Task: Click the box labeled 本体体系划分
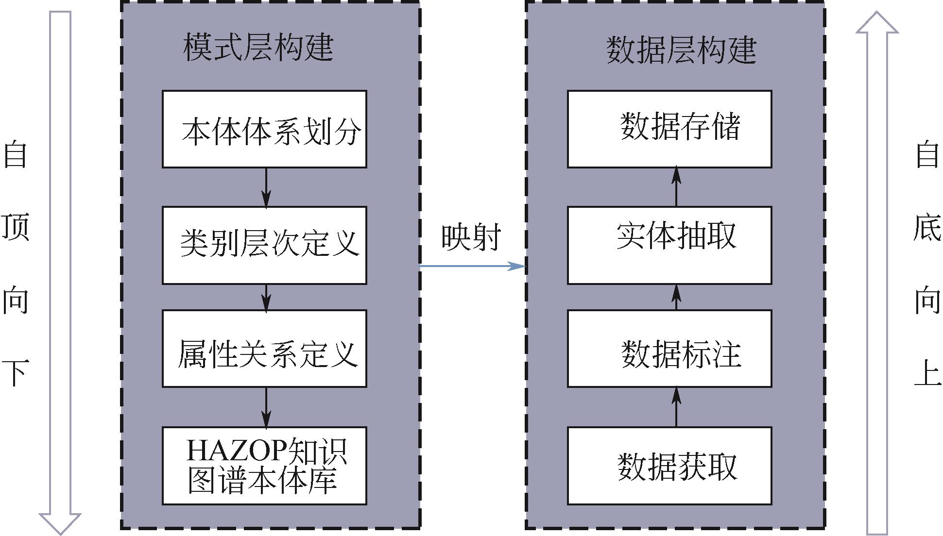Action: [264, 129]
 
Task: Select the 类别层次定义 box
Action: [264, 245]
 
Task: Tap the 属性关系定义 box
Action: [264, 348]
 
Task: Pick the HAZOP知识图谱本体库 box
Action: [264, 466]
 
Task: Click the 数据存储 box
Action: [669, 129]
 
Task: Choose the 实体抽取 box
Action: [669, 245]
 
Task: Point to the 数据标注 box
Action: [669, 348]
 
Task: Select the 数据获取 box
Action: [669, 466]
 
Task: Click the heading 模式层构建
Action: [258, 48]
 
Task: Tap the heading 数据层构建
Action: [681, 50]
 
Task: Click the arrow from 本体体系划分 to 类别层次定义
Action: [266, 187]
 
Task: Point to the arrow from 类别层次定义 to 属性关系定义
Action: [266, 297]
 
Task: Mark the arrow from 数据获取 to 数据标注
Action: [676, 407]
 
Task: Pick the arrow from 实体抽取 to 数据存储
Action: [676, 187]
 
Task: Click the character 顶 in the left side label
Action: [16, 227]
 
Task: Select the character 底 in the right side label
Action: [926, 227]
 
